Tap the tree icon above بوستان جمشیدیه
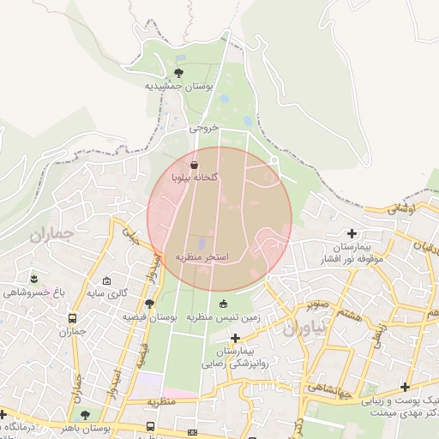(x=179, y=74)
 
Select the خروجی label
(x=204, y=127)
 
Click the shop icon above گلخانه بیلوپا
(x=194, y=165)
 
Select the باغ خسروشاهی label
(x=34, y=292)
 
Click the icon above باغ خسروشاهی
(x=34, y=279)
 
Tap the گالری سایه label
(x=108, y=293)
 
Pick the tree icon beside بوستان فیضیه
(x=150, y=304)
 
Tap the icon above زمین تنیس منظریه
(x=224, y=303)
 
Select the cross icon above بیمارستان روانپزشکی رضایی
(x=236, y=339)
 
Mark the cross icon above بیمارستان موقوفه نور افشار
(x=352, y=233)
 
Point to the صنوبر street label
(x=319, y=304)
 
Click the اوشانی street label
(x=400, y=208)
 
